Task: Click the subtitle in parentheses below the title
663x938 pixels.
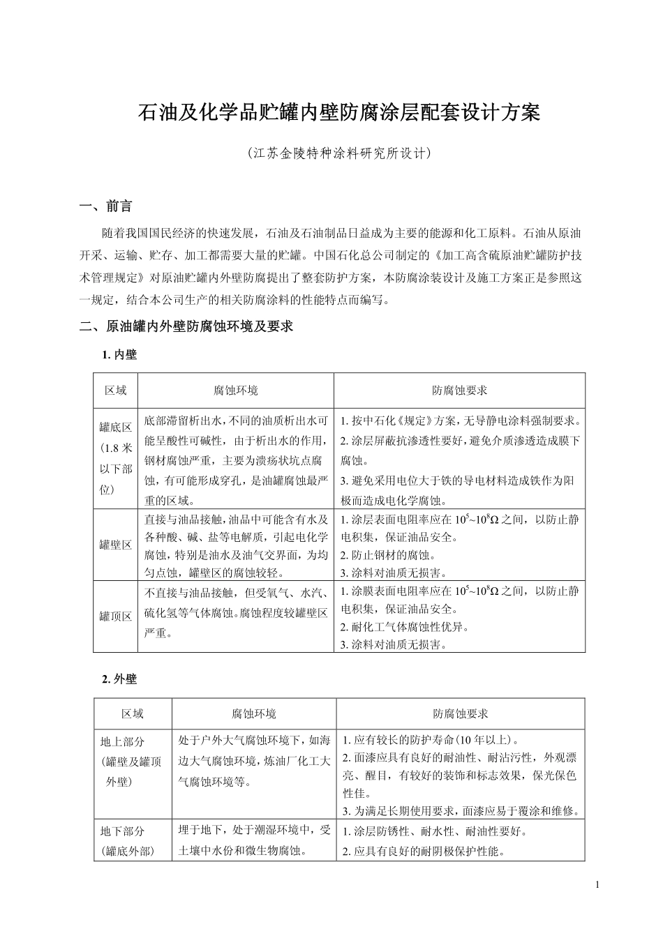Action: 340,153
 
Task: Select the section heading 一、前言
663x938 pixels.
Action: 106,206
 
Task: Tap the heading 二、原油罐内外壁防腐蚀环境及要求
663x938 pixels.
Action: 186,326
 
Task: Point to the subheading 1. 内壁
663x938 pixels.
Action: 119,355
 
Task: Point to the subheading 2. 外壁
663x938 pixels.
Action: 119,679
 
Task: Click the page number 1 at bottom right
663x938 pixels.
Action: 598,885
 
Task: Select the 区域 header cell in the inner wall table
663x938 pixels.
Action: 116,391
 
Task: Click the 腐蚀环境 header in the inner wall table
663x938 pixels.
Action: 235,391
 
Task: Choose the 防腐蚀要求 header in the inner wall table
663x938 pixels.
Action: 459,391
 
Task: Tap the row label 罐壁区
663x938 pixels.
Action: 116,545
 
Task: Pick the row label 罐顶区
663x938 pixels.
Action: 116,616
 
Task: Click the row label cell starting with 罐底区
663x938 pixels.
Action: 116,459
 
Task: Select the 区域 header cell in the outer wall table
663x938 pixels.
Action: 133,714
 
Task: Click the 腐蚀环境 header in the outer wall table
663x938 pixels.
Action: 254,714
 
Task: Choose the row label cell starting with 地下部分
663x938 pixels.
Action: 133,841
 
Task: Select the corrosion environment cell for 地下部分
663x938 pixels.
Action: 254,840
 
